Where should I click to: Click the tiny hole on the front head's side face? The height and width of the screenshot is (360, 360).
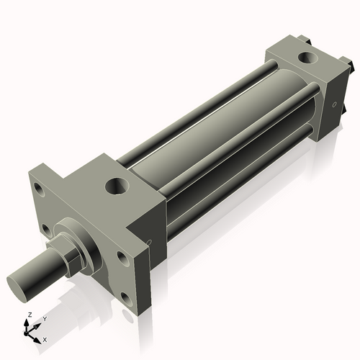150,243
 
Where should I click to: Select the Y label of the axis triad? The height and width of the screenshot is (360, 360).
45,318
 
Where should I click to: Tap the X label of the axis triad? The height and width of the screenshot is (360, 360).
45,338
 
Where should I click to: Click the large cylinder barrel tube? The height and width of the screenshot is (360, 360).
216,137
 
